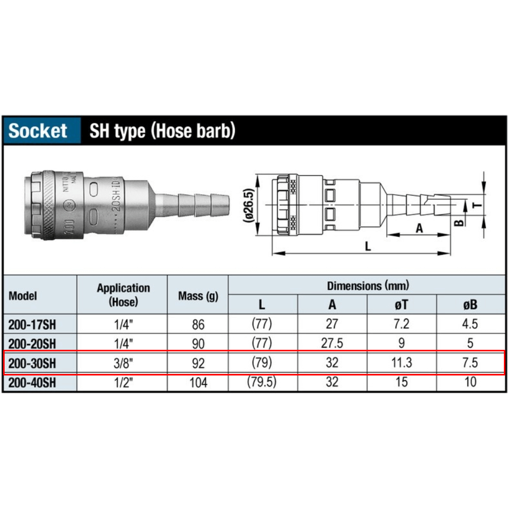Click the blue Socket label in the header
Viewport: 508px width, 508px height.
(x=37, y=130)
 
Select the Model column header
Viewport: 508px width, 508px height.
(x=23, y=295)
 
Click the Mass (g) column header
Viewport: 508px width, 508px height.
(x=198, y=296)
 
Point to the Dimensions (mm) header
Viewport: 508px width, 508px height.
(x=368, y=286)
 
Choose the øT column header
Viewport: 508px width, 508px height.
(x=402, y=305)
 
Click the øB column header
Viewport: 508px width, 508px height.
(x=470, y=305)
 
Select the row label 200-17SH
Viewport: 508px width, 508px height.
(x=32, y=324)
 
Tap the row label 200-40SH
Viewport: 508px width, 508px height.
(x=32, y=383)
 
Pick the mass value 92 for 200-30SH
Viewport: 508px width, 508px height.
(x=198, y=363)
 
